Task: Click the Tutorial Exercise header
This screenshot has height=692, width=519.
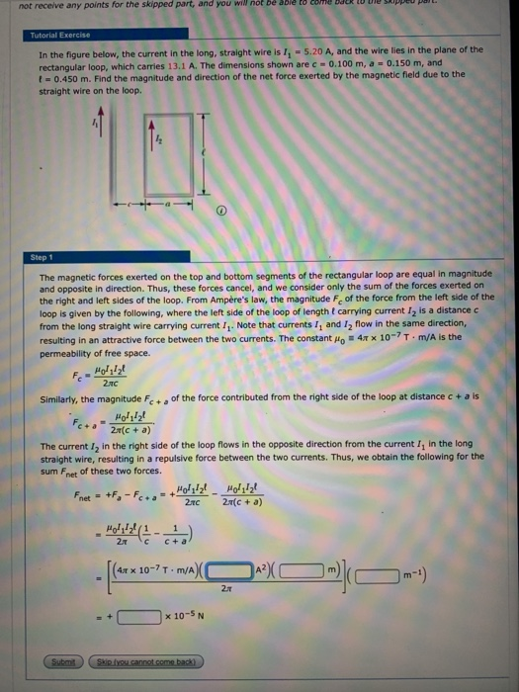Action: click(61, 34)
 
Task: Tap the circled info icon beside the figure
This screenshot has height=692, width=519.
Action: click(221, 210)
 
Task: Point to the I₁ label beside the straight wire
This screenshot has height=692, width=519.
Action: click(95, 125)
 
